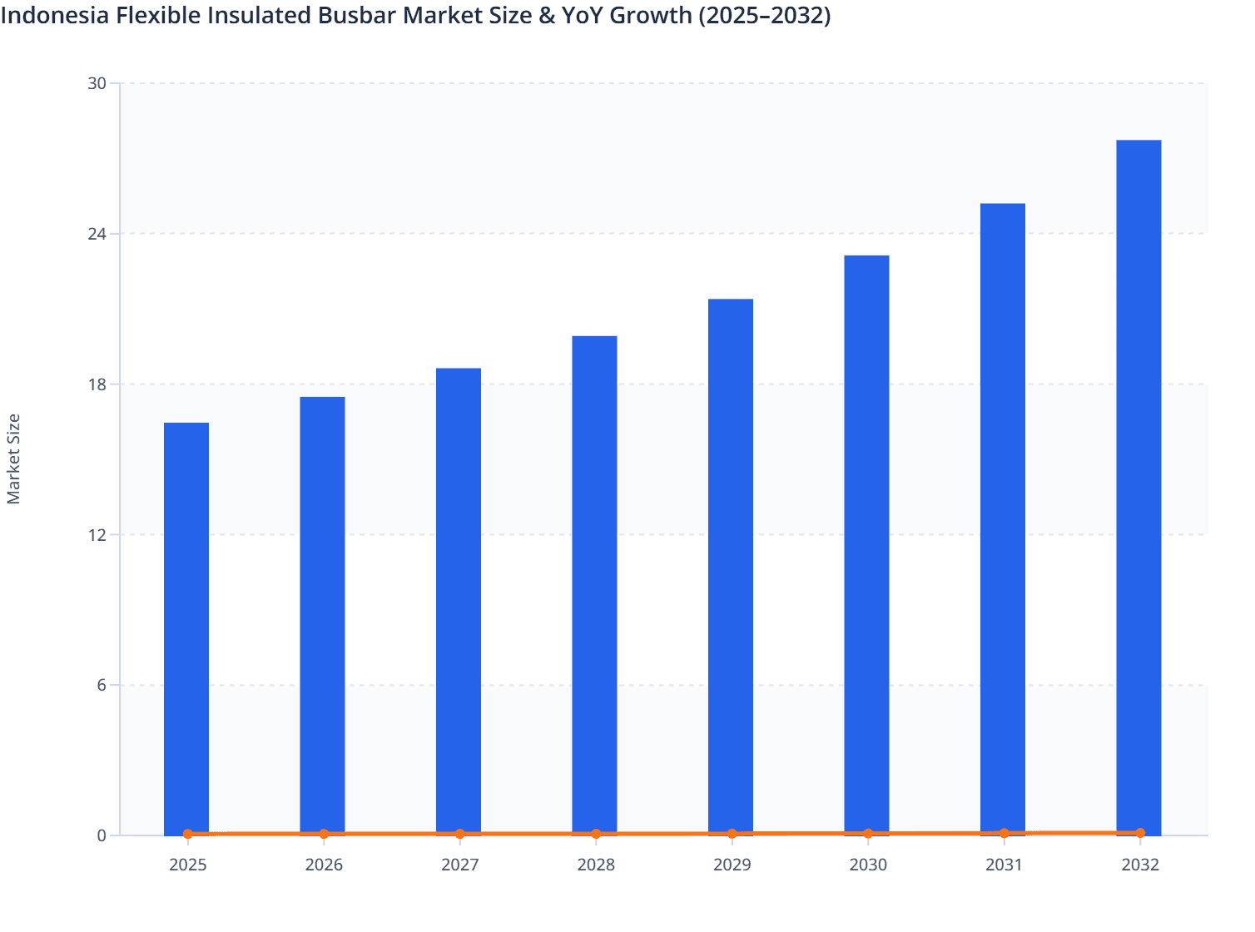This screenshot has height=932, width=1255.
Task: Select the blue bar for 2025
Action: pyautogui.click(x=186, y=628)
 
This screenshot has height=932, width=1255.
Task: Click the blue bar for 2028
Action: pyautogui.click(x=594, y=585)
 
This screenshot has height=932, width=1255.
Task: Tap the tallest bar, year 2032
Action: pyautogui.click(x=1138, y=487)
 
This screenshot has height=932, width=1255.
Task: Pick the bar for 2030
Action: pyautogui.click(x=866, y=545)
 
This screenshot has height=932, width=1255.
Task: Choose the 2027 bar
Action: pyautogui.click(x=459, y=601)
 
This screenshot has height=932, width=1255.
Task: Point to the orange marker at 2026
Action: pyautogui.click(x=324, y=834)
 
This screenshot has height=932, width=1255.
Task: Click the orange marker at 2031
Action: pyautogui.click(x=1004, y=833)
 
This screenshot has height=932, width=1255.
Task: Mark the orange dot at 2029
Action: pyautogui.click(x=732, y=834)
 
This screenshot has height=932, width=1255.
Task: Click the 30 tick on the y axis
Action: pyautogui.click(x=97, y=83)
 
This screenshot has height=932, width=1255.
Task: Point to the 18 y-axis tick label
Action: pyautogui.click(x=97, y=384)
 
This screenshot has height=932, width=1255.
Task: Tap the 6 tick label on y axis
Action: pyautogui.click(x=102, y=685)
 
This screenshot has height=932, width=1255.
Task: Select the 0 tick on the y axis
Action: pyautogui.click(x=102, y=835)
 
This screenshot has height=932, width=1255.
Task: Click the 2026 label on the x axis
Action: pyautogui.click(x=324, y=865)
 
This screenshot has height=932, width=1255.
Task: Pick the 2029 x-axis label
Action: pyautogui.click(x=732, y=865)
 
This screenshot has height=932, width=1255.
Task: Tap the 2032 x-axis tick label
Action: pyautogui.click(x=1139, y=865)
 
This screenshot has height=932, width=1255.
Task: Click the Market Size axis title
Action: pyautogui.click(x=14, y=459)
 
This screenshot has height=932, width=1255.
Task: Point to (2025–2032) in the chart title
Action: pyautogui.click(x=764, y=16)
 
